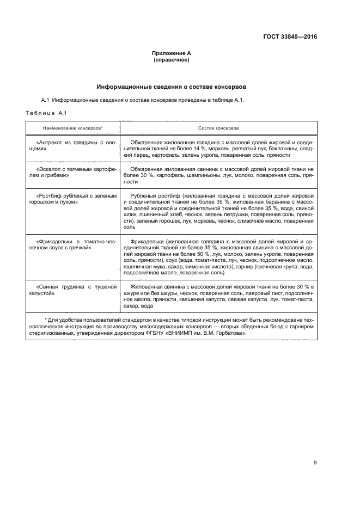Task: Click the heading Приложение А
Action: pos(172,53)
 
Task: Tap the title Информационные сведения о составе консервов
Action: pos(172,87)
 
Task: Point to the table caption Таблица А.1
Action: pos(46,112)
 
